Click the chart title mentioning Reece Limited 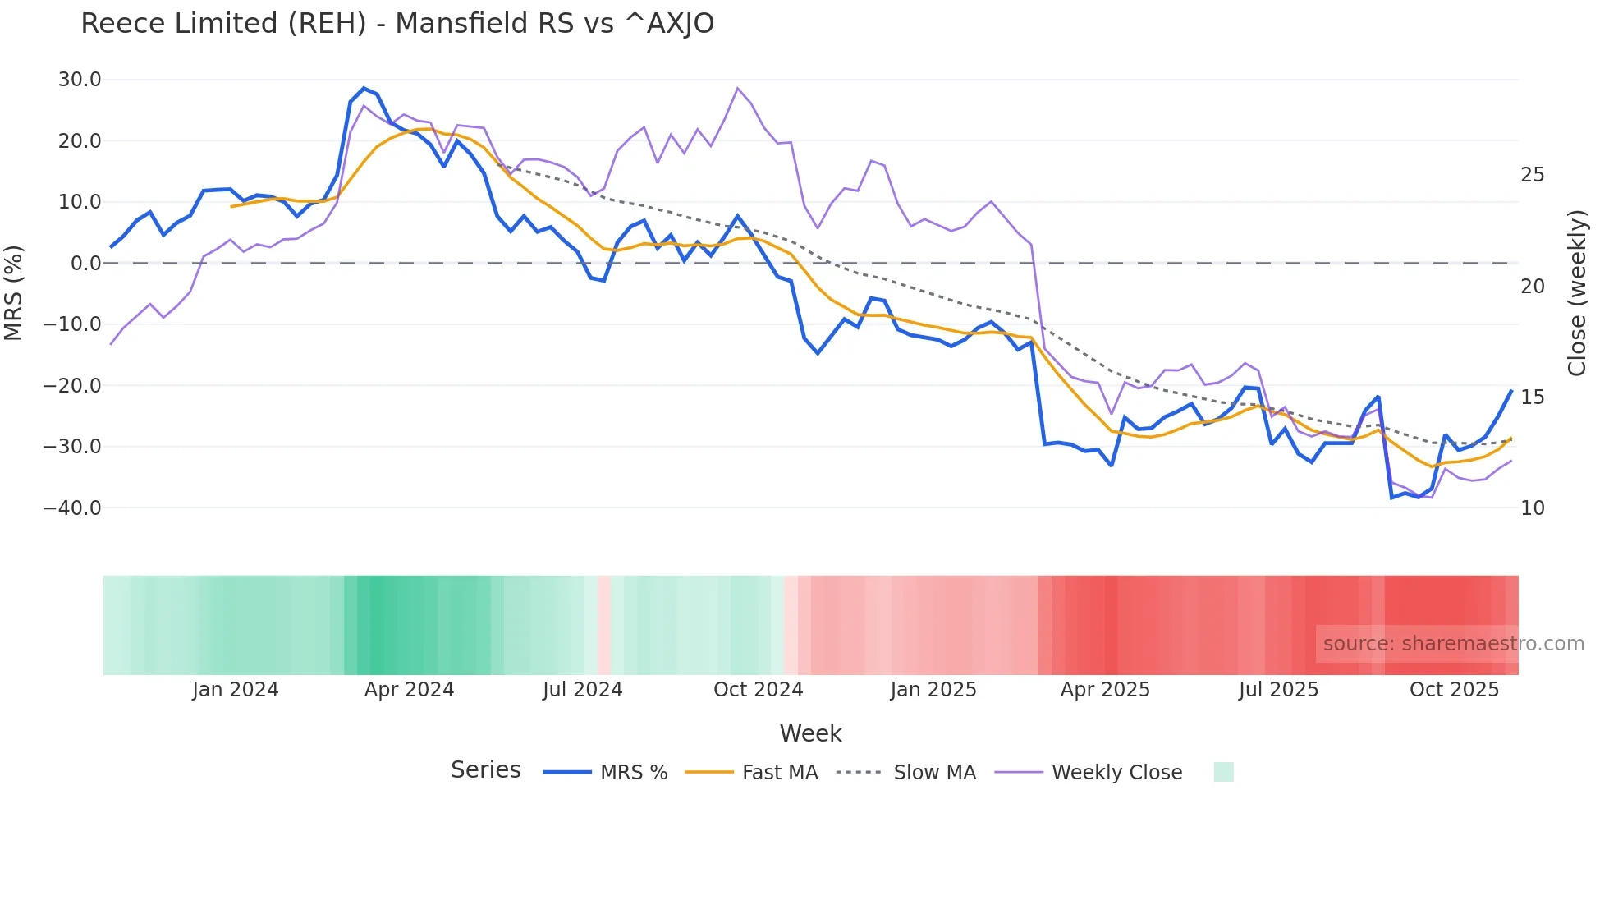point(397,23)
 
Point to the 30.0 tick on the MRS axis point(80,80)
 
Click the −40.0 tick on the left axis point(72,508)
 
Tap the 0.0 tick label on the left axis point(85,264)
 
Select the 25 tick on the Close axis point(1532,175)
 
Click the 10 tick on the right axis point(1532,508)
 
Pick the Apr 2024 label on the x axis point(409,690)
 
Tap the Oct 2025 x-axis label point(1454,690)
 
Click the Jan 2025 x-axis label point(933,690)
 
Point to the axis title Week point(810,733)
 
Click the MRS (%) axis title point(14,293)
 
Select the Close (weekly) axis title point(1576,293)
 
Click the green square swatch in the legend point(1223,773)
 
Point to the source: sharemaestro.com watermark point(1453,644)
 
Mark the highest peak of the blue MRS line point(364,88)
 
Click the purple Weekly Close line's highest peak point(737,88)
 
